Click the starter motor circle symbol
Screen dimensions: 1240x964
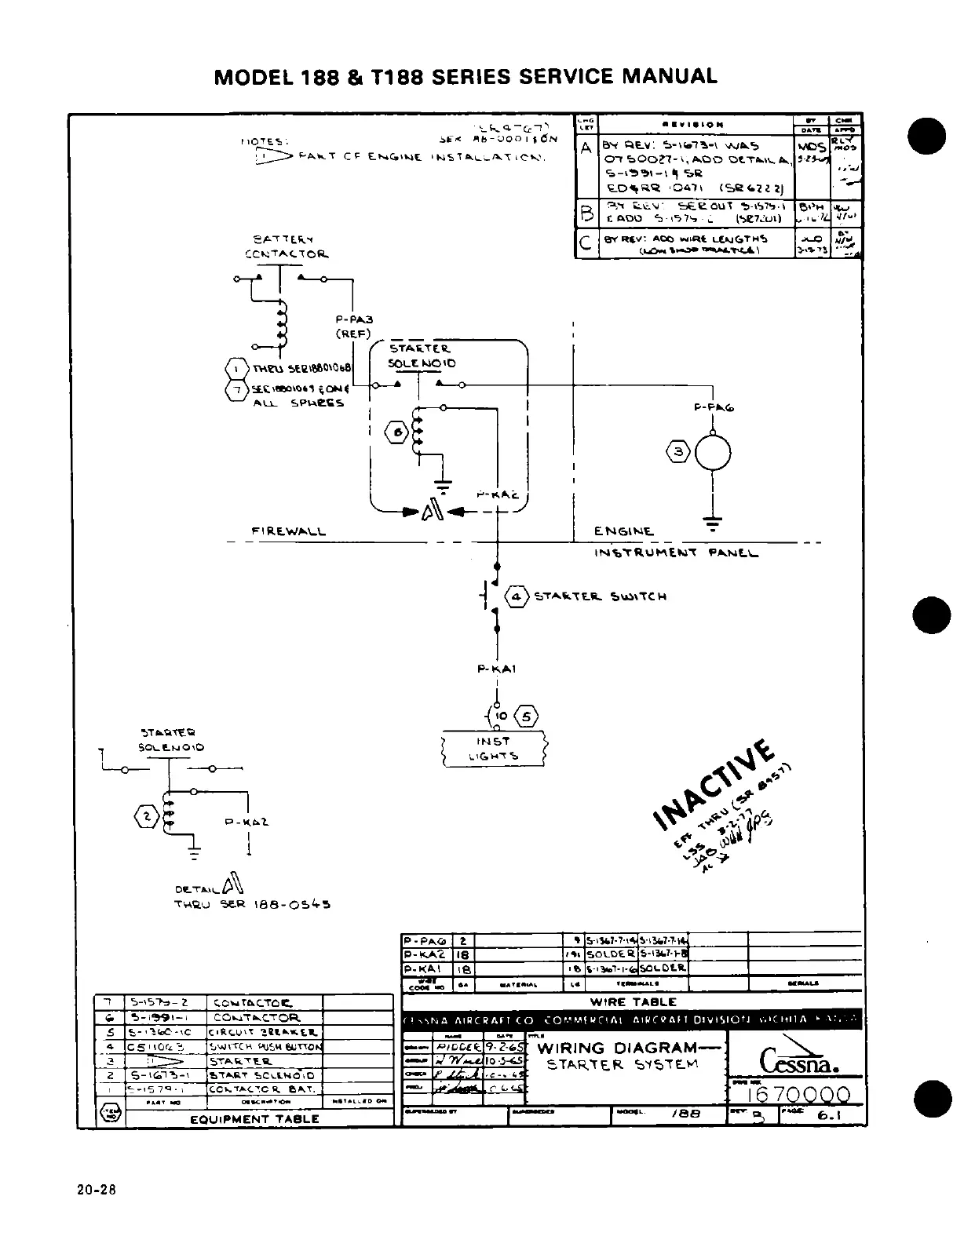[713, 452]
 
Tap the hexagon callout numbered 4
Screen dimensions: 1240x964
[516, 596]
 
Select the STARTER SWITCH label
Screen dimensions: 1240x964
[600, 596]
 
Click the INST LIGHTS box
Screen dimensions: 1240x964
[494, 749]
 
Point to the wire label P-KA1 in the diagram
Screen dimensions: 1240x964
[496, 669]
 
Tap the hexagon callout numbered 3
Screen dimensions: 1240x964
[678, 451]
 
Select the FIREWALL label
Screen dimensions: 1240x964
[288, 531]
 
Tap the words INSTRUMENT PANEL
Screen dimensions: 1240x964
[676, 553]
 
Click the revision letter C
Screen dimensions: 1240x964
[585, 243]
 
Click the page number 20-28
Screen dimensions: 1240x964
[96, 1190]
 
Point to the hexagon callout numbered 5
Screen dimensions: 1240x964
[526, 716]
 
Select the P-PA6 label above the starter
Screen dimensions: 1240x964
[714, 407]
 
